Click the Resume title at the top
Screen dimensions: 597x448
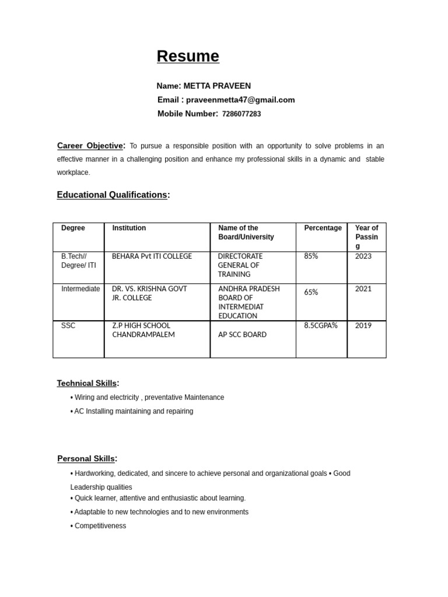tap(188, 56)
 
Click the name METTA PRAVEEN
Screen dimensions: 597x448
tap(217, 86)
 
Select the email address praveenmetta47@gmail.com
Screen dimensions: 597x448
tap(240, 100)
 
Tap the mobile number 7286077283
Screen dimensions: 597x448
tap(242, 114)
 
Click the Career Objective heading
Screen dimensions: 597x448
tap(90, 146)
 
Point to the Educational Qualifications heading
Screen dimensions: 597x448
tap(112, 195)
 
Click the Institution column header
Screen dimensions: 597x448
tap(129, 228)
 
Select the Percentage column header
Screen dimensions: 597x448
tap(323, 228)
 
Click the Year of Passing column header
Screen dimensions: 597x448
tap(366, 237)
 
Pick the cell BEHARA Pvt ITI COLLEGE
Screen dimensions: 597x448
tap(152, 257)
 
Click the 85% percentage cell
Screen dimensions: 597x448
tap(311, 257)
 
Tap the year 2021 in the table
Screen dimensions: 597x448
tap(363, 289)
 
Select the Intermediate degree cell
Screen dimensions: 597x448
tap(80, 289)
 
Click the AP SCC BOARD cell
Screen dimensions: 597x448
tap(242, 335)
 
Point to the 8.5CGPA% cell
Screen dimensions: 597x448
tap(321, 325)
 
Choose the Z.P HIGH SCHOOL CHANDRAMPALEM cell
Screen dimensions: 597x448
tap(143, 330)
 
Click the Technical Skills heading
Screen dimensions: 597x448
tap(87, 383)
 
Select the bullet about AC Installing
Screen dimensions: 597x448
tap(133, 411)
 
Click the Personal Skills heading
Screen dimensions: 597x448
tap(86, 459)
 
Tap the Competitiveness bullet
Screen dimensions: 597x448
tap(100, 526)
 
